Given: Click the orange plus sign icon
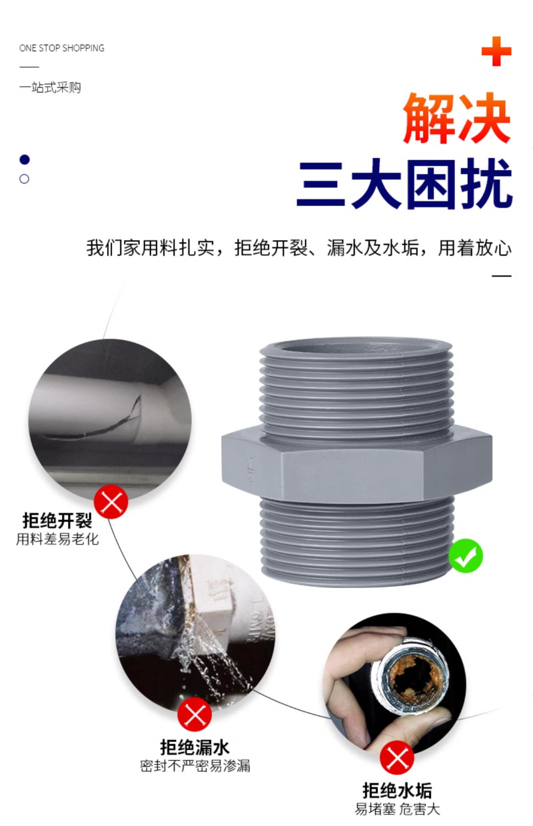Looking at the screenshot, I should (x=496, y=51).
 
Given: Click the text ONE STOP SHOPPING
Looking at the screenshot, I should (x=62, y=48).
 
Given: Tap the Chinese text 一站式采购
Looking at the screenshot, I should (x=50, y=87).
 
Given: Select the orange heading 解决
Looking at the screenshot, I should (x=457, y=119).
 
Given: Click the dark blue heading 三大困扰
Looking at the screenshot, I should (x=404, y=184).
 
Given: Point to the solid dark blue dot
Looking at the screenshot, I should (x=25, y=159).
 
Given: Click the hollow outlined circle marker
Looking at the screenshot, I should (x=25, y=179).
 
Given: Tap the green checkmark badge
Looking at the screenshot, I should (x=465, y=556).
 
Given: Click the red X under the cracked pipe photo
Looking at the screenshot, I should (x=111, y=502).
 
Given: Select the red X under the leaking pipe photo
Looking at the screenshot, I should (x=195, y=715).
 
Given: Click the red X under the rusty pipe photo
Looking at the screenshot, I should (x=397, y=757).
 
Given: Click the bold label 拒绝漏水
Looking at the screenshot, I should (x=195, y=747).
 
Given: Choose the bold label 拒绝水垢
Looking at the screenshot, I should (x=397, y=791).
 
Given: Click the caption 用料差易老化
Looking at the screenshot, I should (x=57, y=539).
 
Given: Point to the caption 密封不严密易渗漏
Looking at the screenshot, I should (x=195, y=765).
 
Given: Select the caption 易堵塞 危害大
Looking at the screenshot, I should (x=397, y=809).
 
